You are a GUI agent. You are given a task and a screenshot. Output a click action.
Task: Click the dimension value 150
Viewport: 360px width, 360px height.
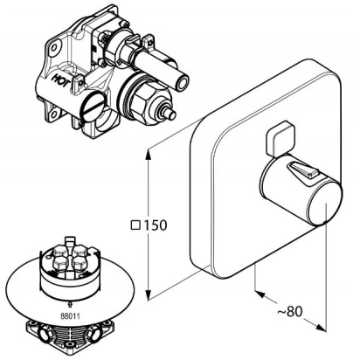tap(155, 225)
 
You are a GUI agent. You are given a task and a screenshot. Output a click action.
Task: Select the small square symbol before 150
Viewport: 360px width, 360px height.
tap(135, 225)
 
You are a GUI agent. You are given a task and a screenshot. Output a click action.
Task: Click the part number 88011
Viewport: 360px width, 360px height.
tap(70, 315)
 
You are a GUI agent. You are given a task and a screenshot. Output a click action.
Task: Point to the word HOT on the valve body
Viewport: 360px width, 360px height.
tap(61, 79)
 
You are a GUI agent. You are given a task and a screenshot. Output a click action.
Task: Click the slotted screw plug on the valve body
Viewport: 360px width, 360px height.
tap(92, 107)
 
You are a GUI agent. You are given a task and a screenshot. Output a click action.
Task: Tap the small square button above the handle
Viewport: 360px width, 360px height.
tap(280, 139)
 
